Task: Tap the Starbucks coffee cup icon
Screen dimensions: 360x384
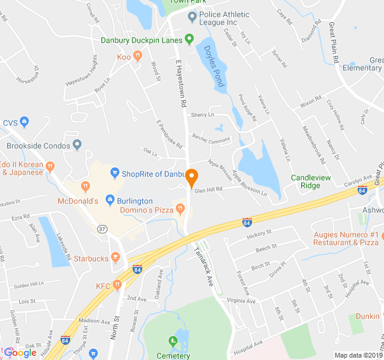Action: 116,259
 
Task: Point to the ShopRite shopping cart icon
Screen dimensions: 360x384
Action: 115,174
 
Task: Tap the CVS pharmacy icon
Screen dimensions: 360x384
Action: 24,122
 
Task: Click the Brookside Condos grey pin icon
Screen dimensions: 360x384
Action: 77,145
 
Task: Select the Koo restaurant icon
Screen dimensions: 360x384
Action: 137,56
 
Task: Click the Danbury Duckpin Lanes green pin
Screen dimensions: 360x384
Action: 189,40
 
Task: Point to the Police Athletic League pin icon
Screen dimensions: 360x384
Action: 192,16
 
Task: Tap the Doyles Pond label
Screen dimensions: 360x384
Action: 213,66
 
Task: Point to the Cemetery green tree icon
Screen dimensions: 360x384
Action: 174,341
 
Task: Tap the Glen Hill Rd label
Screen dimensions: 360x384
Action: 208,190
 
